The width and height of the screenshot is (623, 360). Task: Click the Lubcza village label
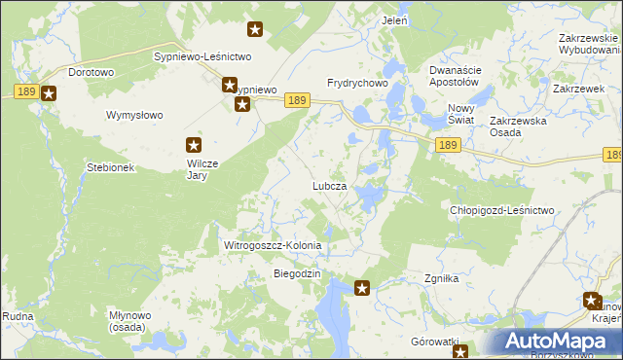click(329, 186)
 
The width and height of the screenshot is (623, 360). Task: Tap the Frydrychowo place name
click(358, 84)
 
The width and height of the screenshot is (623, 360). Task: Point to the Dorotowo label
click(92, 72)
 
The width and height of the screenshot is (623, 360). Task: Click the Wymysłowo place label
click(134, 115)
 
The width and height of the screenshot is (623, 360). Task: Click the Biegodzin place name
click(297, 273)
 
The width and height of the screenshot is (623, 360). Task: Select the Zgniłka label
click(441, 278)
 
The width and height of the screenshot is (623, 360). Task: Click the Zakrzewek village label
click(572, 89)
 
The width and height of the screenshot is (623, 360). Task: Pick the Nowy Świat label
click(460, 113)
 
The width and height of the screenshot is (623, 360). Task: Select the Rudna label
click(18, 317)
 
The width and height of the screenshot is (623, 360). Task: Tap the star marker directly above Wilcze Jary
click(194, 146)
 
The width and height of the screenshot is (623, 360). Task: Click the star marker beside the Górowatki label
click(460, 351)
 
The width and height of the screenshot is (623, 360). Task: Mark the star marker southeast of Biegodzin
click(362, 287)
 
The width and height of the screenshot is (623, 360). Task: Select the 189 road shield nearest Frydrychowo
click(299, 100)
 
